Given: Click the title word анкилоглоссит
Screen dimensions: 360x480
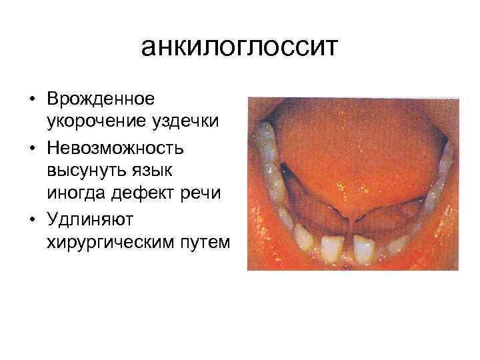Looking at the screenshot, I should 240,47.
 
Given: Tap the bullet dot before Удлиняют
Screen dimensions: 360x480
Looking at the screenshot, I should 32,218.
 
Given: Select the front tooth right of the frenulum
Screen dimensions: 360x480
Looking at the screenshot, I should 363,249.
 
